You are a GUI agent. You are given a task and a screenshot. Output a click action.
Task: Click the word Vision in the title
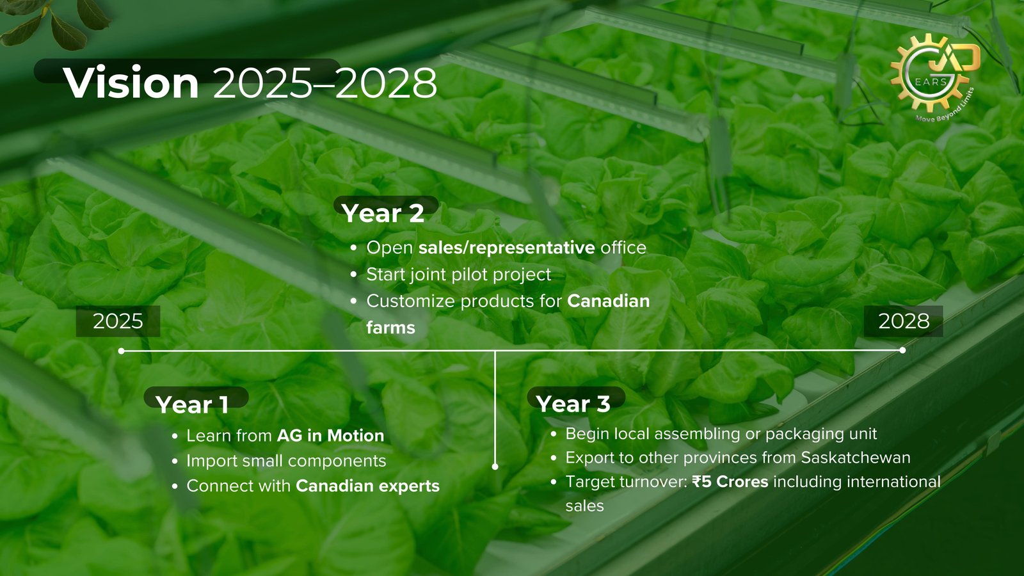[x=131, y=83]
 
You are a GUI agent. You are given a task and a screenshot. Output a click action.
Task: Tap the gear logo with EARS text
[x=932, y=73]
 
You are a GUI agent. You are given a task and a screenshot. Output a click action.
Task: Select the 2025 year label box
[x=118, y=321]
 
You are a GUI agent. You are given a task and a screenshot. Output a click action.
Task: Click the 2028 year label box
[x=903, y=321]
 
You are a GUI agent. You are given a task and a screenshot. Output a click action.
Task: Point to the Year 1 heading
[x=192, y=404]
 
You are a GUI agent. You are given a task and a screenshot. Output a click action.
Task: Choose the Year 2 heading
[x=383, y=213]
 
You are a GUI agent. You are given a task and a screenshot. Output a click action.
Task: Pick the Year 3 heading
[x=573, y=404]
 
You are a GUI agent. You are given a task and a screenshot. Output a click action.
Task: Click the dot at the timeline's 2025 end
[x=121, y=351]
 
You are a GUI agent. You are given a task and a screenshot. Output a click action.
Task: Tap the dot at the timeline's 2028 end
[x=902, y=350]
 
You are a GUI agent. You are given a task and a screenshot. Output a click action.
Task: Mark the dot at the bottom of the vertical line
[x=495, y=467]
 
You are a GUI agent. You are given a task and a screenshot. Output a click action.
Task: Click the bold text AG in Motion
[x=330, y=436]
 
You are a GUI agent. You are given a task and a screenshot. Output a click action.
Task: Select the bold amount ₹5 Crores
[x=730, y=482]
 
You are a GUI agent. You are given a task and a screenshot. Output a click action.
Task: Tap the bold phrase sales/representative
[x=506, y=248]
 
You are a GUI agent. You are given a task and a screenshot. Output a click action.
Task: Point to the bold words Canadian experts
[x=367, y=486]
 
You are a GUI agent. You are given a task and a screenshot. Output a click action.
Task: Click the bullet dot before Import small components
[x=175, y=461]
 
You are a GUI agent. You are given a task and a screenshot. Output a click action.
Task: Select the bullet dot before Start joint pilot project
[x=353, y=275]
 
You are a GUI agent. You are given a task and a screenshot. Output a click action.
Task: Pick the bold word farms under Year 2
[x=390, y=328]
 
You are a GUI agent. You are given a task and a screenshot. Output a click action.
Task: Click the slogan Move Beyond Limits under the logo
[x=945, y=106]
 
